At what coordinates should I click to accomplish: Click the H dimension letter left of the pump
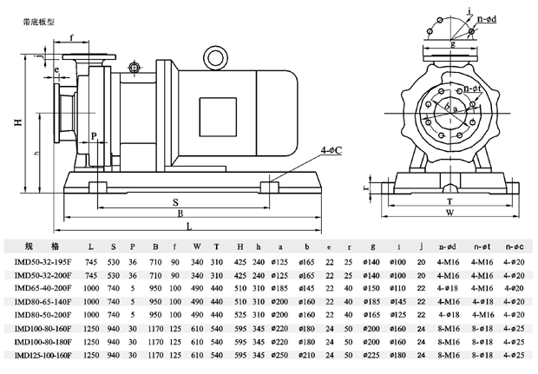tap(16, 123)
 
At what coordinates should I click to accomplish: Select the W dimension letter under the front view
tap(449, 211)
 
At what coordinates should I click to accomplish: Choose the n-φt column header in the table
tap(480, 245)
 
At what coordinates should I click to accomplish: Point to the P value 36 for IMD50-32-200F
tap(132, 273)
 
